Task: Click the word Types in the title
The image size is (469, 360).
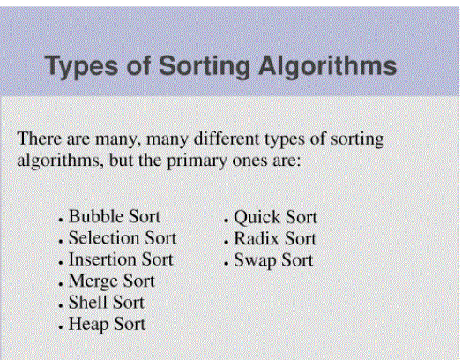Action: click(x=81, y=67)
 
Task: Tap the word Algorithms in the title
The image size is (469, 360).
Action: click(x=328, y=67)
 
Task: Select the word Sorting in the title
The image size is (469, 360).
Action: click(x=204, y=67)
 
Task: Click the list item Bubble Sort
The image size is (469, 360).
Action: click(x=115, y=216)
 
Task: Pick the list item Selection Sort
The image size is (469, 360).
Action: click(x=123, y=238)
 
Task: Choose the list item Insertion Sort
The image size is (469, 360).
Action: click(x=121, y=259)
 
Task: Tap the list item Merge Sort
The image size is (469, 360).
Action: click(x=112, y=281)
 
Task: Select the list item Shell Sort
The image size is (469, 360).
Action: click(x=107, y=303)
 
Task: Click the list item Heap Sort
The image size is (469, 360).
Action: click(x=107, y=324)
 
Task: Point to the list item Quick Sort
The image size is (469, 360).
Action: click(x=275, y=217)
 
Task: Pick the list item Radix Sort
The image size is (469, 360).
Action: click(x=275, y=239)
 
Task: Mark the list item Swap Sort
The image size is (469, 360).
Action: click(x=273, y=260)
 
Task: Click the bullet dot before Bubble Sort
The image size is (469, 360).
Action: click(x=61, y=221)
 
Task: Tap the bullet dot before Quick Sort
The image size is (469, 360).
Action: click(x=226, y=221)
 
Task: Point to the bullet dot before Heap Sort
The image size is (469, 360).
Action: click(x=61, y=327)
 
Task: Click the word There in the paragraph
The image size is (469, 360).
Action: click(x=40, y=139)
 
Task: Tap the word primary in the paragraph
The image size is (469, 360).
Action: click(x=197, y=161)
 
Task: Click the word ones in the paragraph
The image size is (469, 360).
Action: click(x=249, y=161)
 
